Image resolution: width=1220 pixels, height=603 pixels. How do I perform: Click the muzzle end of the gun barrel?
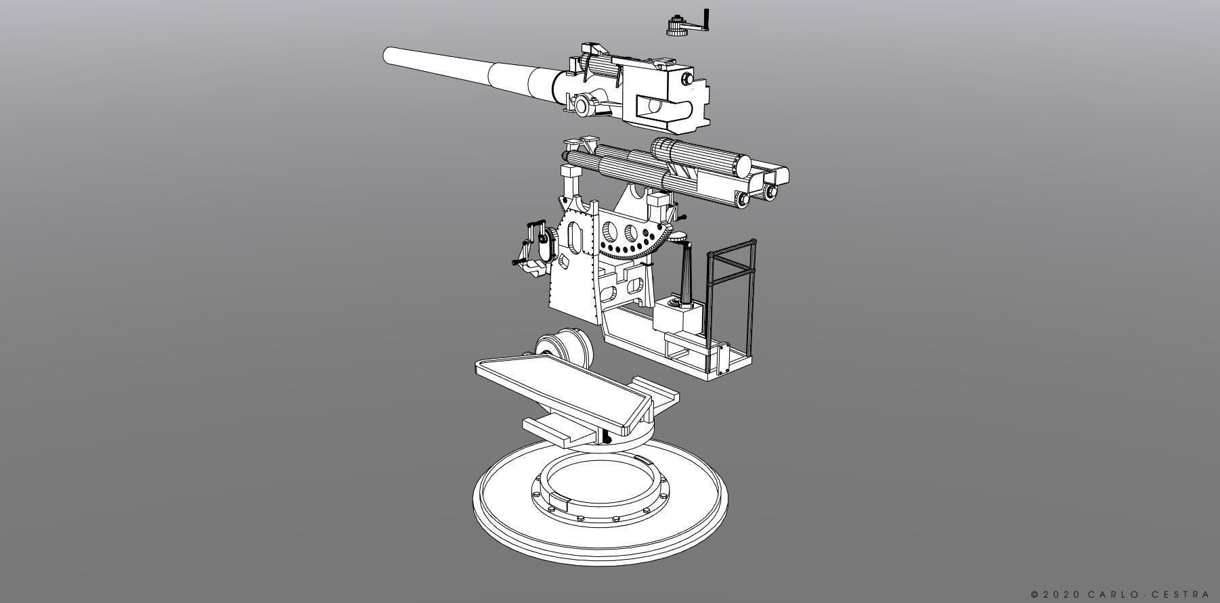388,55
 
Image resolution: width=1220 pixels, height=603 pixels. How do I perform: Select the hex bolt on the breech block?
689,79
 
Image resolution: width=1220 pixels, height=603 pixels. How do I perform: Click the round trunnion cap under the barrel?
582,105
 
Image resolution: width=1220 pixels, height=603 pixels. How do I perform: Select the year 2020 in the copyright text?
1061,594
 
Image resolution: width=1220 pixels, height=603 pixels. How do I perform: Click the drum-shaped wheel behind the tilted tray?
564,347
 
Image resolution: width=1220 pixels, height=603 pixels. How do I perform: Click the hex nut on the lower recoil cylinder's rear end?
744,198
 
